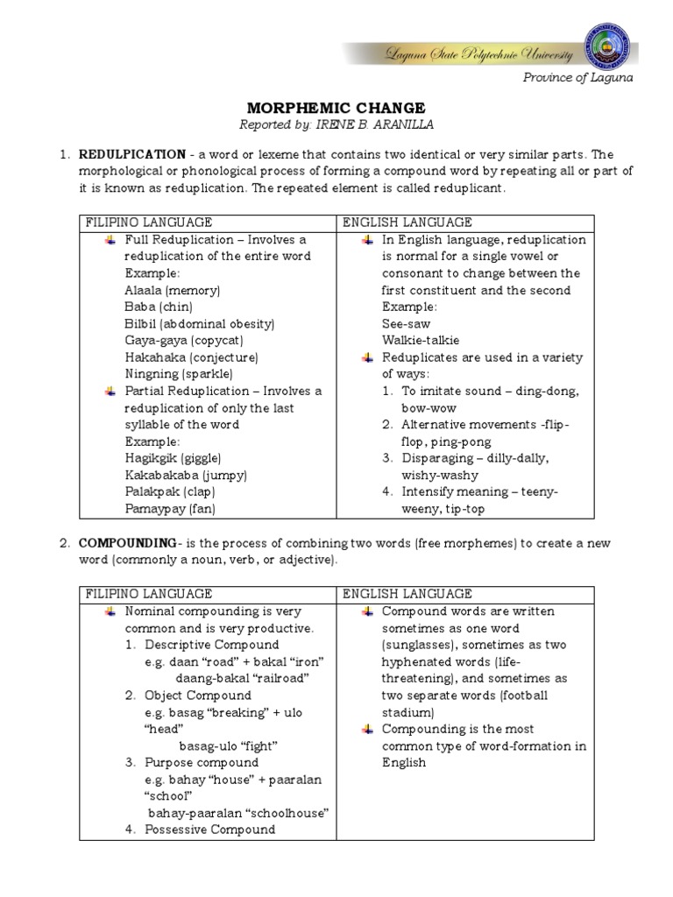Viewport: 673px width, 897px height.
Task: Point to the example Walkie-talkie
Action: tap(420, 341)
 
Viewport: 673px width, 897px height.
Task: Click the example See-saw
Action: tap(405, 324)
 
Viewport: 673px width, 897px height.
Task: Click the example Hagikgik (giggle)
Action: tap(173, 458)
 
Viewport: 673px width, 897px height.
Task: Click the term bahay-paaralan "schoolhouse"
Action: tap(238, 813)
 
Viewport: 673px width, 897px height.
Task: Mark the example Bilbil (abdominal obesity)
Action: tap(200, 324)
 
